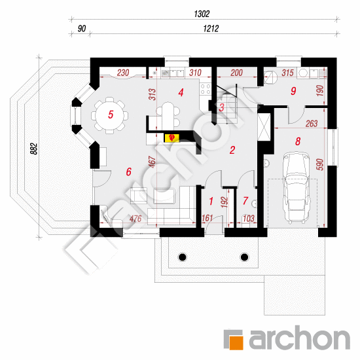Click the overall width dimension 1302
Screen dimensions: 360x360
point(202,14)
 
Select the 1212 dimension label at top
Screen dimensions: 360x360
point(211,29)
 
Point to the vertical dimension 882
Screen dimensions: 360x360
point(33,149)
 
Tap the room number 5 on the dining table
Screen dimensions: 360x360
point(111,115)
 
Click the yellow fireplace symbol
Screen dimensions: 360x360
point(171,137)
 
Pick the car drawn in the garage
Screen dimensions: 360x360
point(296,189)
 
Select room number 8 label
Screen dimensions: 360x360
point(298,141)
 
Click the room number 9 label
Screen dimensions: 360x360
point(293,91)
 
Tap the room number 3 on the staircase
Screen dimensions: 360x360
point(221,107)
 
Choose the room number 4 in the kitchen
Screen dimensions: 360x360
point(181,92)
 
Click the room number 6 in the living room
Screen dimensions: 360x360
point(128,171)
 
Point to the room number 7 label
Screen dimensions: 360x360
point(245,201)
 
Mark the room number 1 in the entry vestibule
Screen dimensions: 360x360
point(211,201)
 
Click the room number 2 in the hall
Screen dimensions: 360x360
point(232,150)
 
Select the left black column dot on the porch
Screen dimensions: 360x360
point(183,257)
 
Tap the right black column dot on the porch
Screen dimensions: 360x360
point(244,257)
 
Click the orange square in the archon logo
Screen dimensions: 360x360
point(236,342)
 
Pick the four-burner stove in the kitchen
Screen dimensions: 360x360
point(206,89)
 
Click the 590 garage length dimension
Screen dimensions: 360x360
point(320,164)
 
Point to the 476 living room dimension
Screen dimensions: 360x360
point(135,219)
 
